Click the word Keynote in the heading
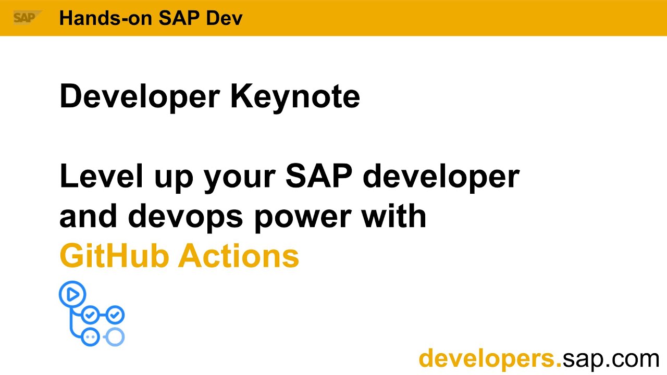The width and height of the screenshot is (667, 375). point(295,96)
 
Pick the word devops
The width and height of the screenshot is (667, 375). point(186,217)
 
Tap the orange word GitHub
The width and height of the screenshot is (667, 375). point(115,256)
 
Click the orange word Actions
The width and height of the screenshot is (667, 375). point(240,256)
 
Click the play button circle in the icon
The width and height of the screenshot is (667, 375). point(72,295)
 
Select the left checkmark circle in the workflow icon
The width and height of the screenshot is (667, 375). point(91,315)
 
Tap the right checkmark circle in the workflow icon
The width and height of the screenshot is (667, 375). point(115,315)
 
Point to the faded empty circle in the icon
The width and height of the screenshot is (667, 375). point(115,336)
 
